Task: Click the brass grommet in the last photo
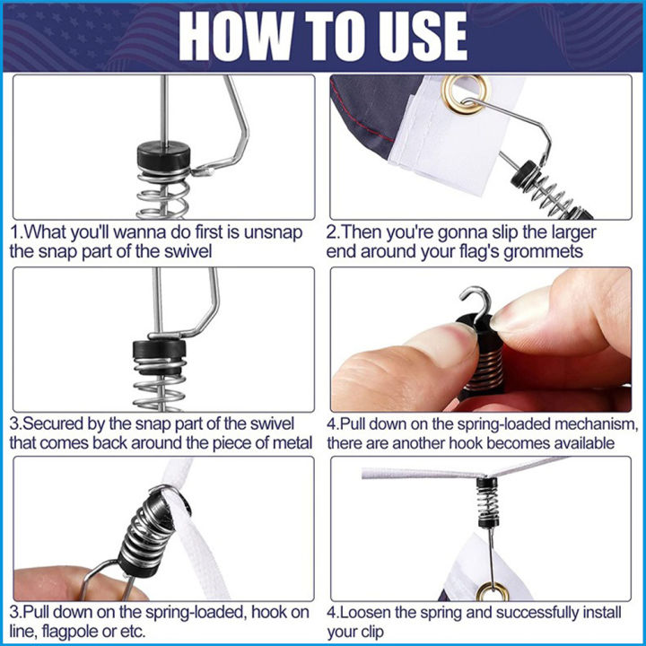click(489, 590)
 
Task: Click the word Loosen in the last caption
click(371, 614)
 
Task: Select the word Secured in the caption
click(53, 423)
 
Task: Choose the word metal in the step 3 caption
click(291, 442)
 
